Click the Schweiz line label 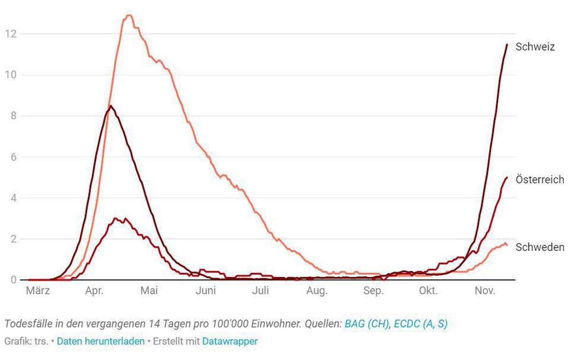pos(535,47)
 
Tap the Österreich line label pos(539,179)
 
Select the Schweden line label pos(540,247)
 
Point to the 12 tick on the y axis pos(11,34)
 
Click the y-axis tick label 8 pos(14,115)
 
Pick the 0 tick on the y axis pos(14,280)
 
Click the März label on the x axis pos(38,290)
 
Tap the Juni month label pos(205,290)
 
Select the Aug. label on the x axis pos(317,291)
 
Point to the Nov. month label pos(485,290)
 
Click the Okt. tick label pos(428,290)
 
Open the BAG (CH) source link pos(367,324)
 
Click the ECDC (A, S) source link pos(421,324)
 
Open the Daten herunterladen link pos(101,341)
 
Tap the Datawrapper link pos(230,341)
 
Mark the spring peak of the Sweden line pos(129,15)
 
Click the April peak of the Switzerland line pos(111,106)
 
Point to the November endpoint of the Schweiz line pos(507,44)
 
